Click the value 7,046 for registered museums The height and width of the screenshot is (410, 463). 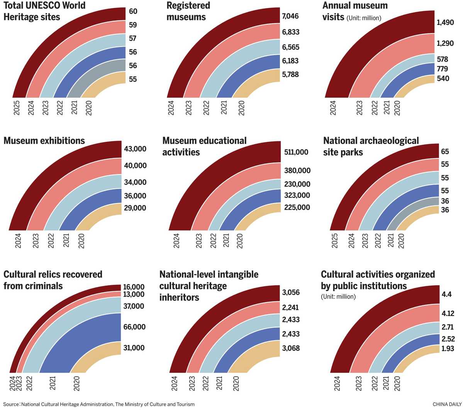point(290,16)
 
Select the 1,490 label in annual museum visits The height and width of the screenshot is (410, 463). point(445,23)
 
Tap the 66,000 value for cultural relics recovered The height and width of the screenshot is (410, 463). point(134,327)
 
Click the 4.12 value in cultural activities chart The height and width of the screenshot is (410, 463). point(448,313)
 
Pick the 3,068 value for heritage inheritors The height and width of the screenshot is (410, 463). point(291,348)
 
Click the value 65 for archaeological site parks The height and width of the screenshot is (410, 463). point(445,151)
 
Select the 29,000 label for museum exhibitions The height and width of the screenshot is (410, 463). point(135,208)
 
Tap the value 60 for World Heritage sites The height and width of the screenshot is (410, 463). point(133,11)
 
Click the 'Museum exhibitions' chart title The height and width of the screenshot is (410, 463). point(44,141)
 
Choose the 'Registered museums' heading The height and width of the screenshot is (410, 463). point(188,11)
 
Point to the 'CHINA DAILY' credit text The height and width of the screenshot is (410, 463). point(446,404)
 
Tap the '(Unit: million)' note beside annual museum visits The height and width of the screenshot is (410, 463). point(364,18)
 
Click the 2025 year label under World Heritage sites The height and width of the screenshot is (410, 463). point(17,108)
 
